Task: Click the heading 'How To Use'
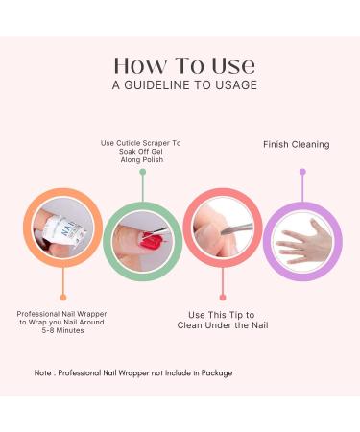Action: (184, 65)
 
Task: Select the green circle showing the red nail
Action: (142, 240)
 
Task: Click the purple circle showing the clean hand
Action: (302, 240)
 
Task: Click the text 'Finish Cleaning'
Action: (296, 145)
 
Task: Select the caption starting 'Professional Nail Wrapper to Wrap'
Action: (63, 323)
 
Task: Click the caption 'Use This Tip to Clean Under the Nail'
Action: (222, 319)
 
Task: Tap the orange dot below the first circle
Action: (63, 297)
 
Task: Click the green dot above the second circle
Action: (142, 172)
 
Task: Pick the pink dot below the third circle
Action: (222, 297)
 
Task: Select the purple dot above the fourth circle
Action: (302, 172)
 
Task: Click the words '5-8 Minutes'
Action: (63, 333)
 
